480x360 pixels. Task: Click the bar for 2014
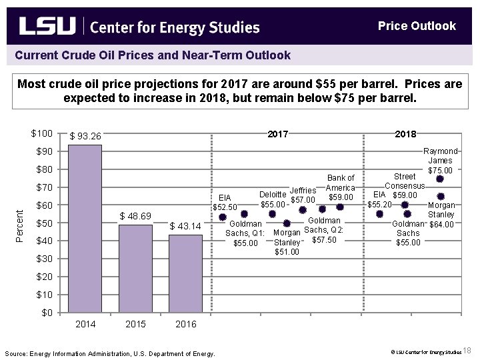coord(85,229)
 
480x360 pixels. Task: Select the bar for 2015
coord(135,269)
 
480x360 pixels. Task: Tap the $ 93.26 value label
coord(85,137)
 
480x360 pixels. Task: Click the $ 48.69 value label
coord(135,216)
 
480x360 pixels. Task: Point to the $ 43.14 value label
coord(185,227)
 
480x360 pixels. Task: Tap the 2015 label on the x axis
coord(135,324)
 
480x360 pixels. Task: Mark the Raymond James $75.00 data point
coord(440,179)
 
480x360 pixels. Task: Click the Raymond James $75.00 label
coord(440,161)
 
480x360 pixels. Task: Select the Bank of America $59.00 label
coord(341,187)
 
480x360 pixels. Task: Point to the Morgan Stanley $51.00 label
coord(287,242)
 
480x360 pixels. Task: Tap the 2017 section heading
coord(277,134)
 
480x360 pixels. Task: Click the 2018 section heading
coord(405,134)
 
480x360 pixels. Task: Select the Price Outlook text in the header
coord(417,26)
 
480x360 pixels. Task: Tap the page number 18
coord(467,351)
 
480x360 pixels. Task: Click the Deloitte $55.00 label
coord(273,199)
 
